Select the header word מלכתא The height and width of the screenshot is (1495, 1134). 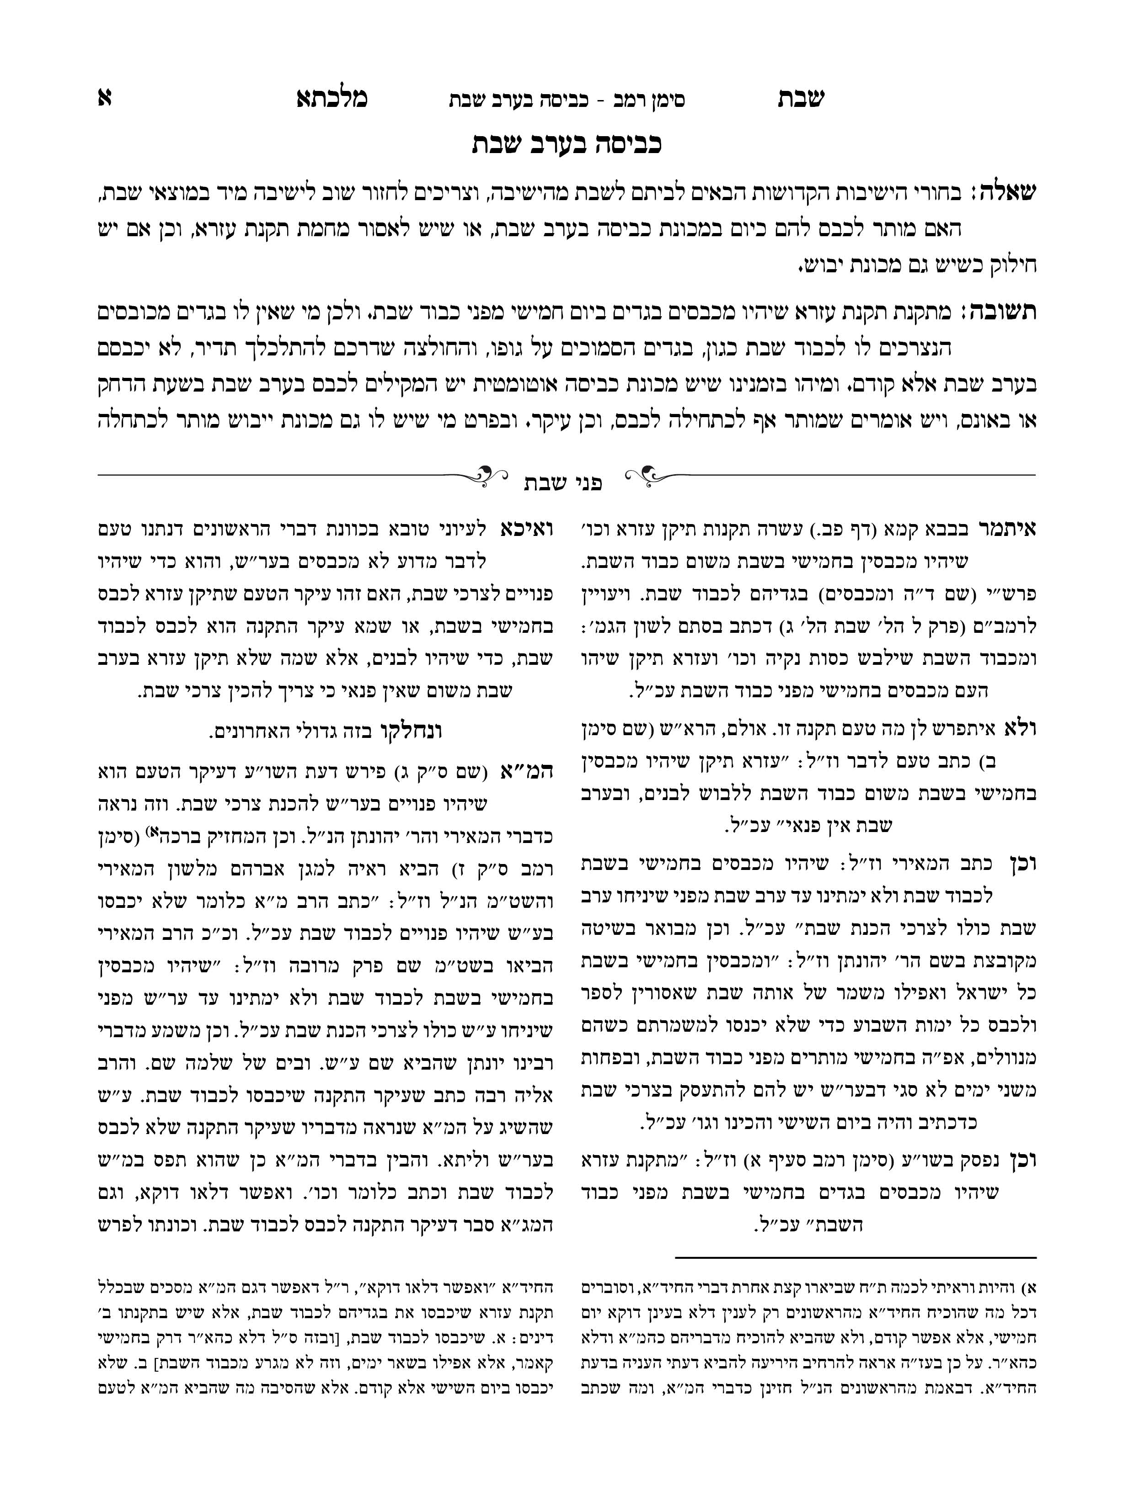[332, 99]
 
